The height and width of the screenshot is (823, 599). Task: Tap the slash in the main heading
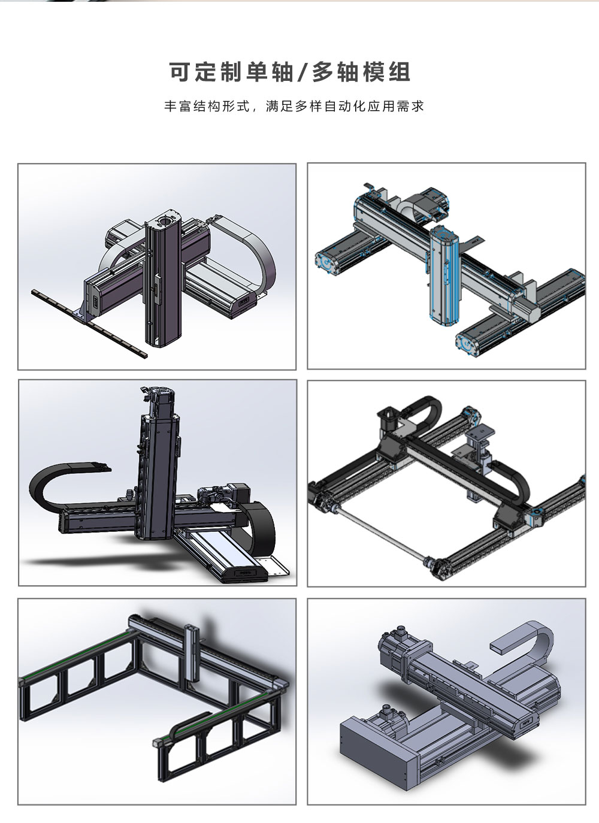coord(301,72)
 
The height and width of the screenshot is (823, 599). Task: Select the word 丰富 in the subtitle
coord(177,106)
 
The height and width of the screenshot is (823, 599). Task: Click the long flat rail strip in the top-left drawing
coord(89,323)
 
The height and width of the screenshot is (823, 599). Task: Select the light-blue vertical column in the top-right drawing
coord(443,276)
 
